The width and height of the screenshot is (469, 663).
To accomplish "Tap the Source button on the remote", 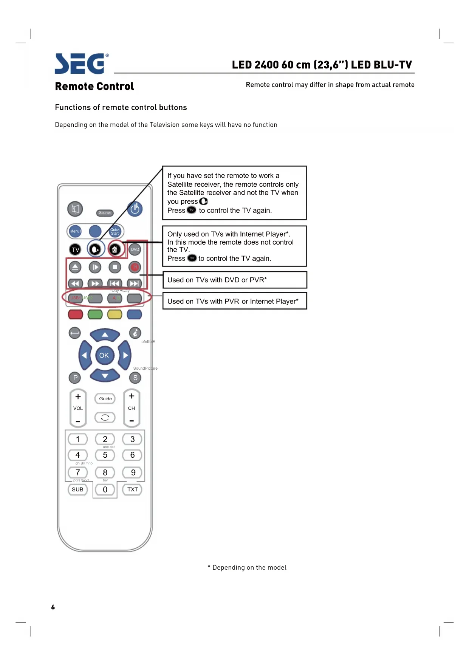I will tap(105, 213).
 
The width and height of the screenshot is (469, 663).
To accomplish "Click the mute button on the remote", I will tap(75, 209).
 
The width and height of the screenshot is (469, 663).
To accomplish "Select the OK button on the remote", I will tap(104, 355).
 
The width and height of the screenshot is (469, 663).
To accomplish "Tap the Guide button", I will tap(105, 398).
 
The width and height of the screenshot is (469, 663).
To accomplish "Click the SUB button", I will tap(77, 490).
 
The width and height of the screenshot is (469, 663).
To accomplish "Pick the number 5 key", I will tap(105, 455).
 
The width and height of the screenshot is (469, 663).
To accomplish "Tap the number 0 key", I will tap(105, 490).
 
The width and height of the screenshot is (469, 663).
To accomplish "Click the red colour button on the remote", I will tap(76, 314).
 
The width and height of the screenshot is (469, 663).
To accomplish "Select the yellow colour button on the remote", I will tap(115, 314).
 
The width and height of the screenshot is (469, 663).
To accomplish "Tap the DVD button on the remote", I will tap(135, 249).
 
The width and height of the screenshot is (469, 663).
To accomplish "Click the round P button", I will tap(75, 378).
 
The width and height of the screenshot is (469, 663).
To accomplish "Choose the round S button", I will tap(135, 378).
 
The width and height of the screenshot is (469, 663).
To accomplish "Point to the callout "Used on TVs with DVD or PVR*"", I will tap(234, 280).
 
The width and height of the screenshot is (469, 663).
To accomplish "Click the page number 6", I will tap(53, 607).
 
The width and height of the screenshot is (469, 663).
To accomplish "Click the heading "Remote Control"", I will tap(94, 87).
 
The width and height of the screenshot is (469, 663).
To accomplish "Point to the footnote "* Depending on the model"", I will tap(247, 567).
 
